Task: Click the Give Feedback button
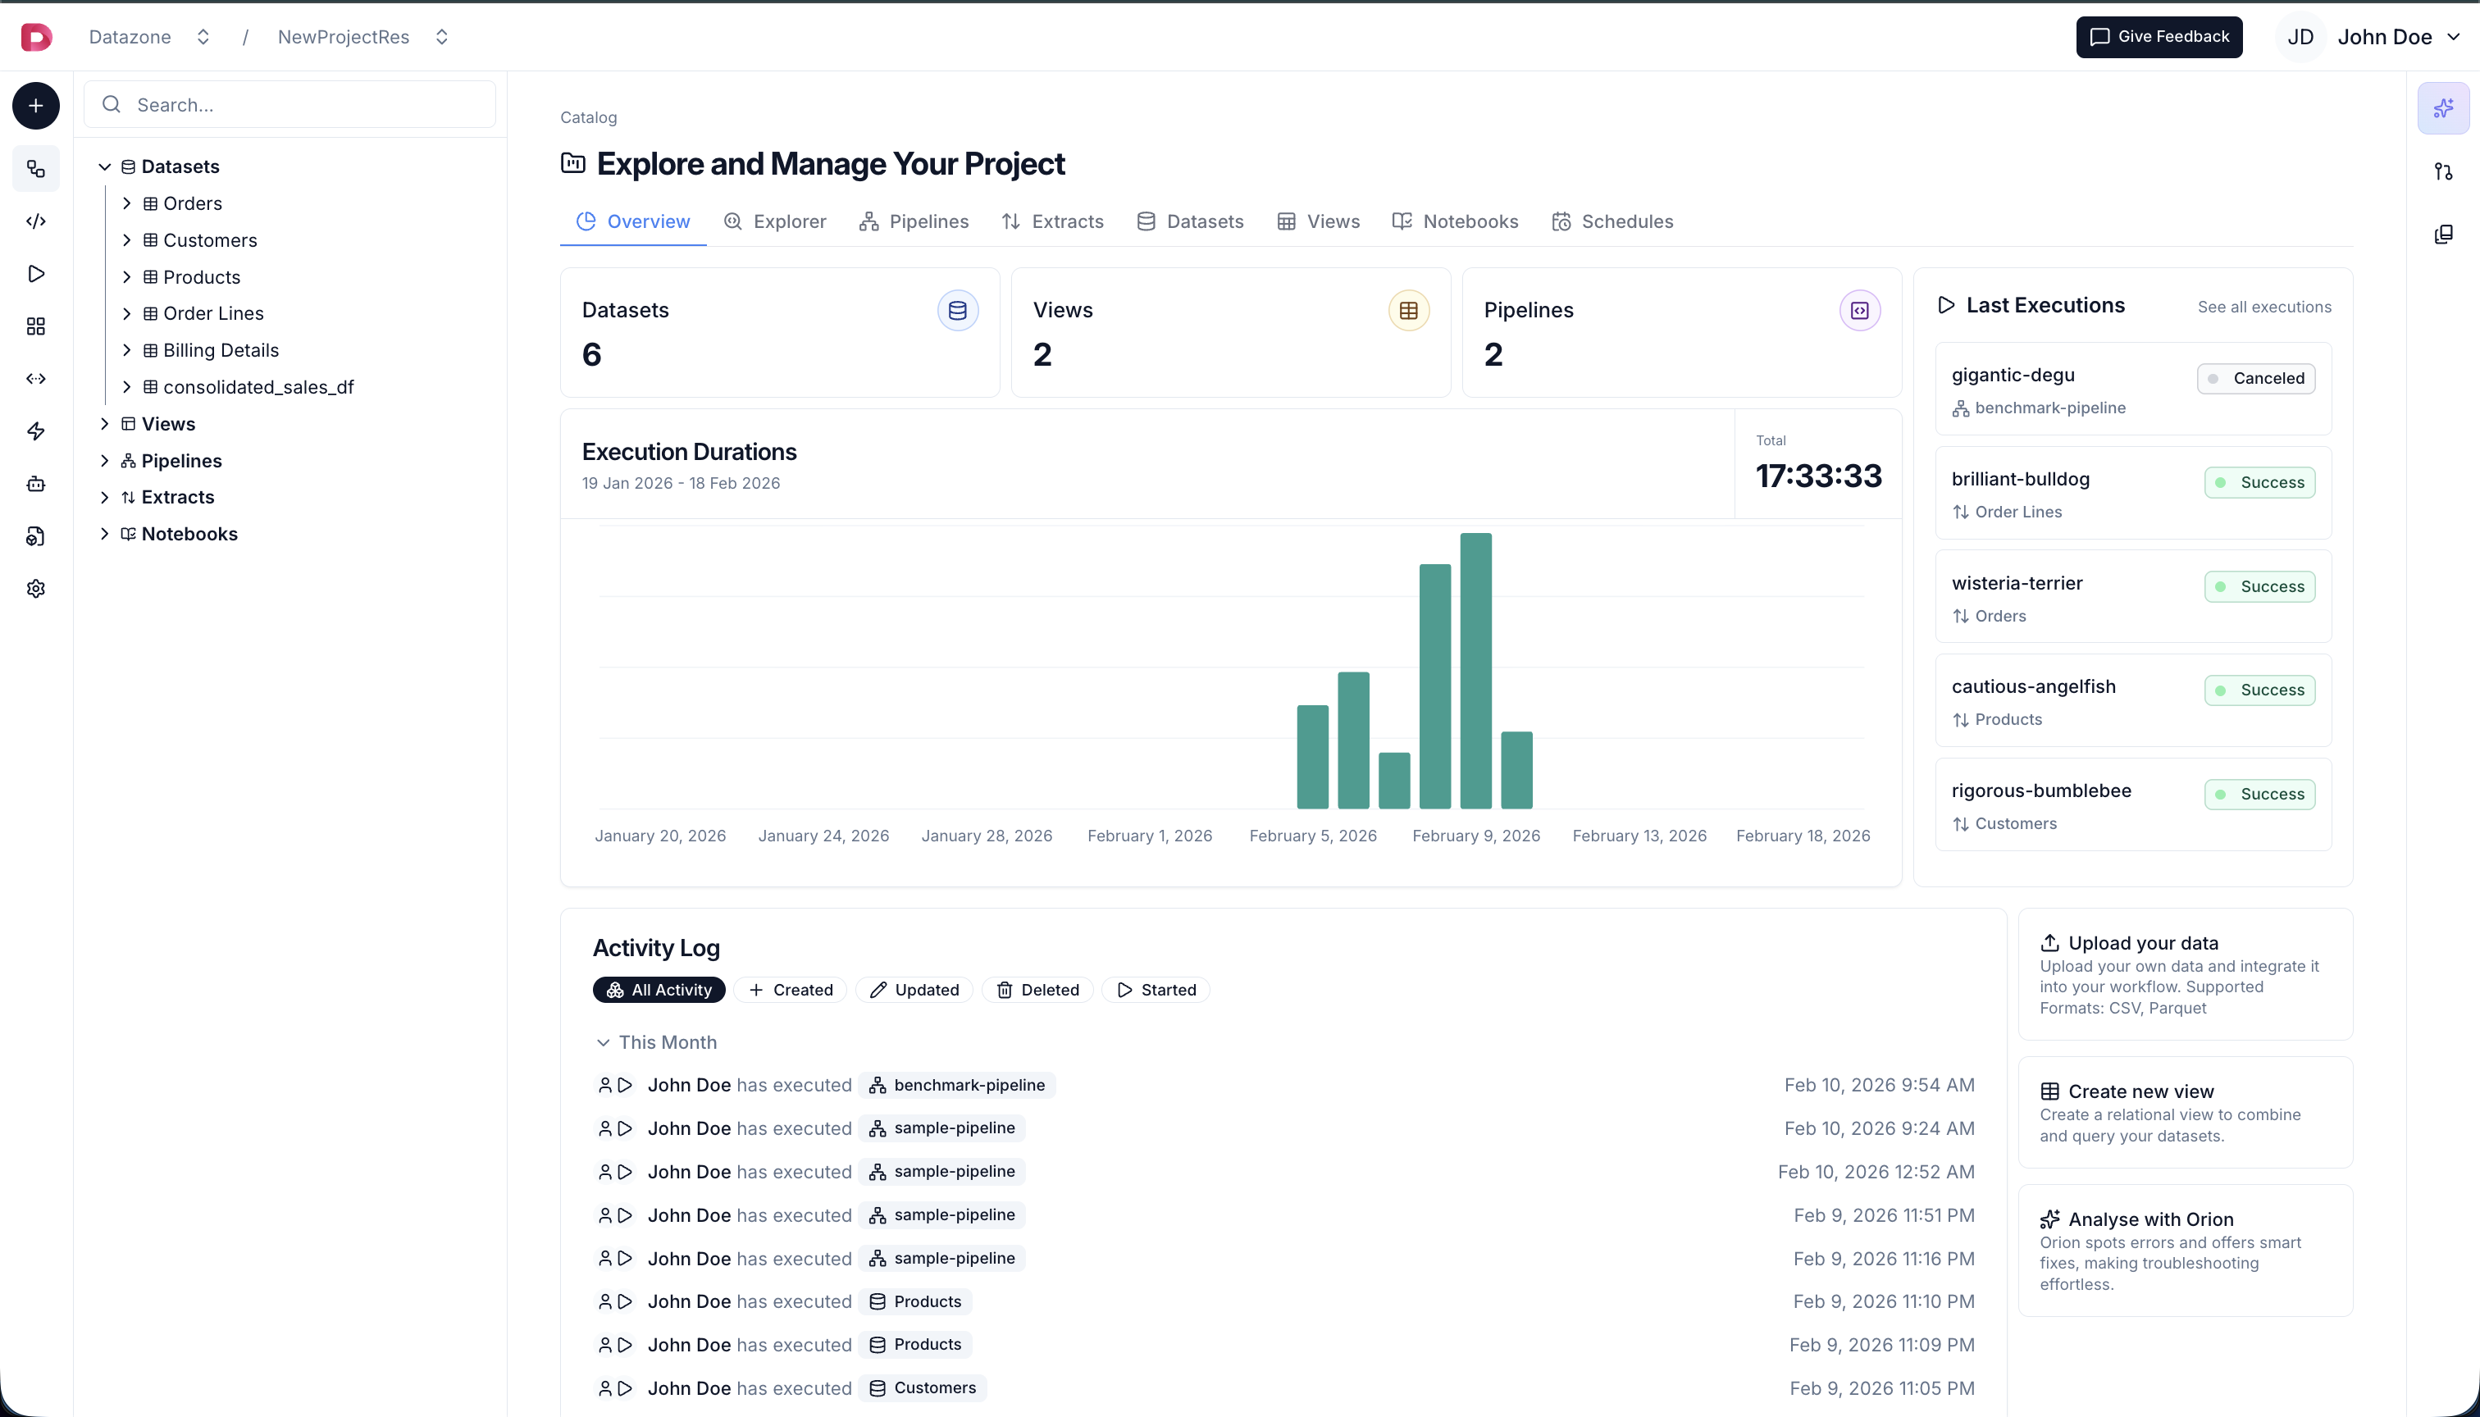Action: pyautogui.click(x=2158, y=37)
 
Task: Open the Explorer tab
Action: pyautogui.click(x=776, y=222)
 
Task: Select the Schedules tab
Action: pyautogui.click(x=1613, y=222)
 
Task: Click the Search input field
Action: pyautogui.click(x=292, y=105)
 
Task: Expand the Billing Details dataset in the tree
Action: pyautogui.click(x=126, y=350)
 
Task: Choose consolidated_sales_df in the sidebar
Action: pyautogui.click(x=258, y=387)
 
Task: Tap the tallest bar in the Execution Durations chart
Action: pyautogui.click(x=1475, y=671)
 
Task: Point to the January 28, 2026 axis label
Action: pyautogui.click(x=987, y=836)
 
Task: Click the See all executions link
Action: pyautogui.click(x=2264, y=308)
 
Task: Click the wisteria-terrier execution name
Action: pyautogui.click(x=2017, y=583)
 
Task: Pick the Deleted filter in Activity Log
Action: pyautogui.click(x=1037, y=990)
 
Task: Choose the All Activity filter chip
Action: pyautogui.click(x=659, y=990)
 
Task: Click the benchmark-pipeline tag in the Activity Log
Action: pyautogui.click(x=958, y=1085)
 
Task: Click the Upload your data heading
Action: pyautogui.click(x=2142, y=943)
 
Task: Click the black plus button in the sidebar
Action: pyautogui.click(x=36, y=106)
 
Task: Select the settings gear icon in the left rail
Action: pyautogui.click(x=36, y=589)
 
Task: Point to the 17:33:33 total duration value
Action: pyautogui.click(x=1818, y=476)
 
